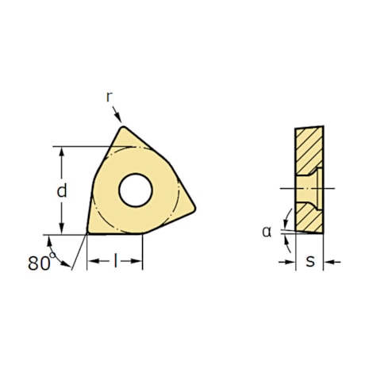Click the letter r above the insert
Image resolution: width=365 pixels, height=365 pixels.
coord(109,96)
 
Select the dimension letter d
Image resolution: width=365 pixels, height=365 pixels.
coord(60,191)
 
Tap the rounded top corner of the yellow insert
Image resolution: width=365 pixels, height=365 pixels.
coord(122,129)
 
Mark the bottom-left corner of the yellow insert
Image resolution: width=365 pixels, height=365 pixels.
coord(89,232)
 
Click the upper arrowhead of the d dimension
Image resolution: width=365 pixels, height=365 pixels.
coord(61,152)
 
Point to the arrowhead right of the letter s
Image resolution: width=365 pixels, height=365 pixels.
coord(328,261)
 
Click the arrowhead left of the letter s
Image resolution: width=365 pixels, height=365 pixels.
coord(291,261)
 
